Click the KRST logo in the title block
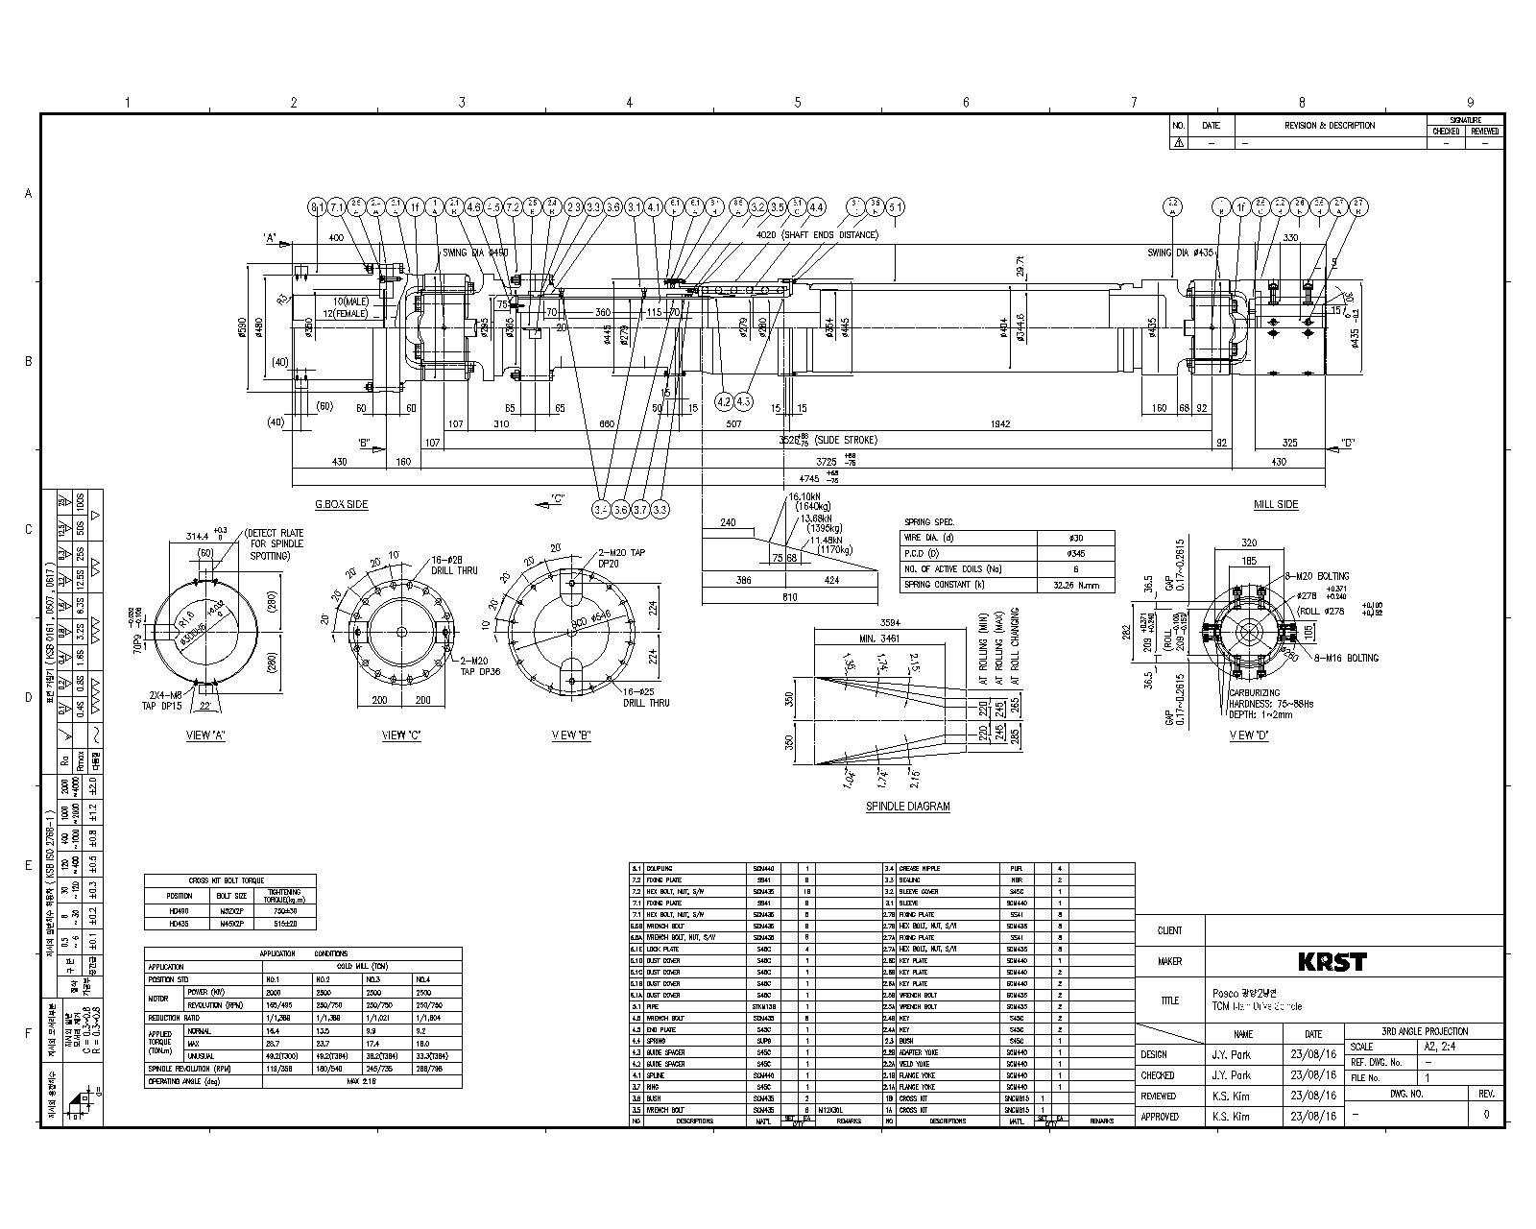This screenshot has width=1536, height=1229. click(x=1332, y=961)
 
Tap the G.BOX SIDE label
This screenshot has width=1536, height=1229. click(x=341, y=504)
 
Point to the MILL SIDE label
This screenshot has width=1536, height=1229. click(x=1276, y=504)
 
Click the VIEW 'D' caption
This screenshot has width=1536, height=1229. click(x=1249, y=735)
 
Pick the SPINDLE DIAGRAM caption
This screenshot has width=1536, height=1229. click(x=907, y=807)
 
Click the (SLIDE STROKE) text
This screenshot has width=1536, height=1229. click(x=846, y=440)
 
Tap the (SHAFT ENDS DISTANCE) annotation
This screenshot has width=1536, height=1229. click(x=829, y=234)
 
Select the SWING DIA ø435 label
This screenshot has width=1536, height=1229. click(x=1180, y=253)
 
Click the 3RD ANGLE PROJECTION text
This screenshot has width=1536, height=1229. click(x=1425, y=1031)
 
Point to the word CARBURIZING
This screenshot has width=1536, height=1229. click(x=1254, y=691)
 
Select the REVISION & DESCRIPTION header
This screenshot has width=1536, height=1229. click(x=1330, y=126)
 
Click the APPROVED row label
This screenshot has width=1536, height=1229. click(x=1159, y=1117)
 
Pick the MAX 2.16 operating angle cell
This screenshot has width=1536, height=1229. click(x=361, y=1081)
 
